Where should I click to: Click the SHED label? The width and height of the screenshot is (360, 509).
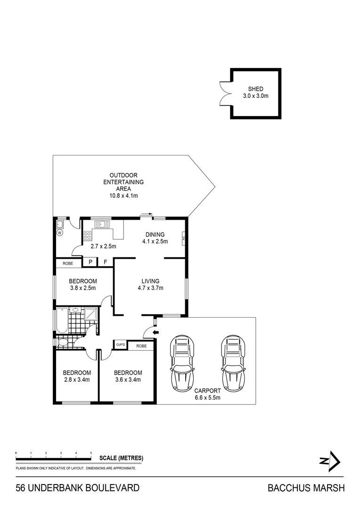[255, 89]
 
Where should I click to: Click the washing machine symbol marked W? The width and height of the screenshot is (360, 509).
[60, 232]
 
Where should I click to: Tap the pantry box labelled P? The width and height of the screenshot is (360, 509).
[90, 262]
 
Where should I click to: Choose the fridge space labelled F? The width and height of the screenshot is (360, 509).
[106, 262]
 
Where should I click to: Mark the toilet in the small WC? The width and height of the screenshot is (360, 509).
[63, 343]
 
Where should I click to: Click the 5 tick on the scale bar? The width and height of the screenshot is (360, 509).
[91, 453]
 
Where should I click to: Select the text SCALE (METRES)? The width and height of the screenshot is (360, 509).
[121, 458]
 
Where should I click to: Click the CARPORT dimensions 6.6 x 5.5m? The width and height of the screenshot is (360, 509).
[207, 397]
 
